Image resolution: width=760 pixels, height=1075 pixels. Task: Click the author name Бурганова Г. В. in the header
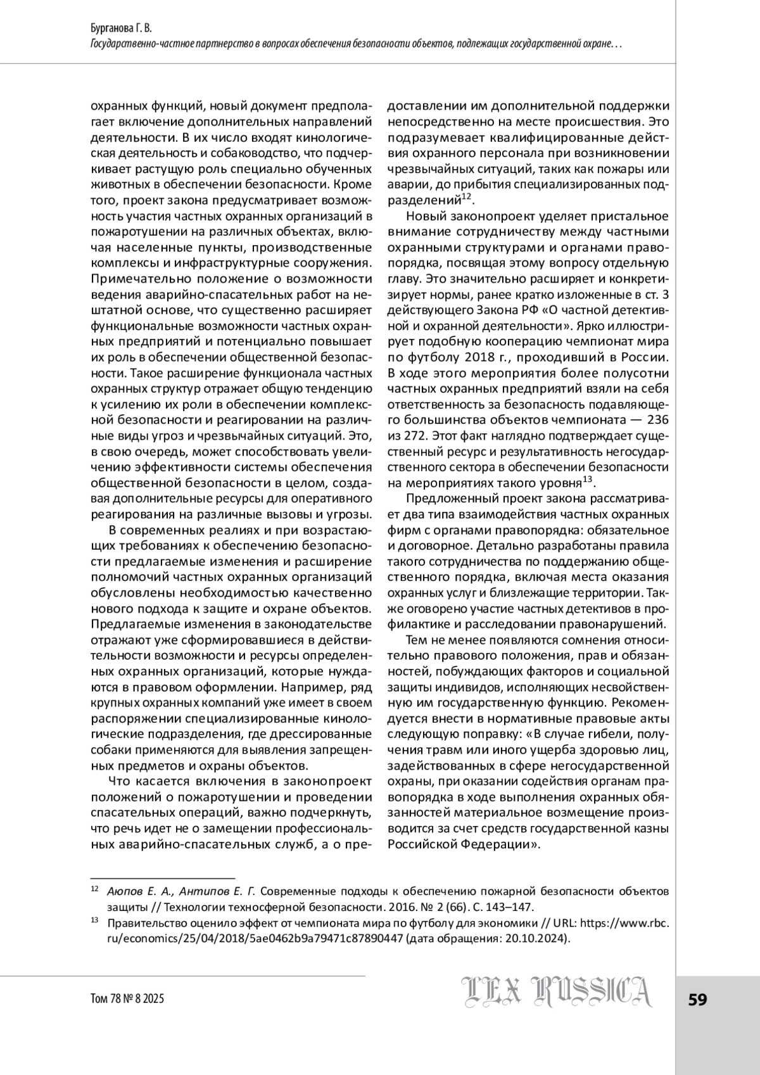coord(122,30)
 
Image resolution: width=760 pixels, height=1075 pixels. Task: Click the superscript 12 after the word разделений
coord(465,197)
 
